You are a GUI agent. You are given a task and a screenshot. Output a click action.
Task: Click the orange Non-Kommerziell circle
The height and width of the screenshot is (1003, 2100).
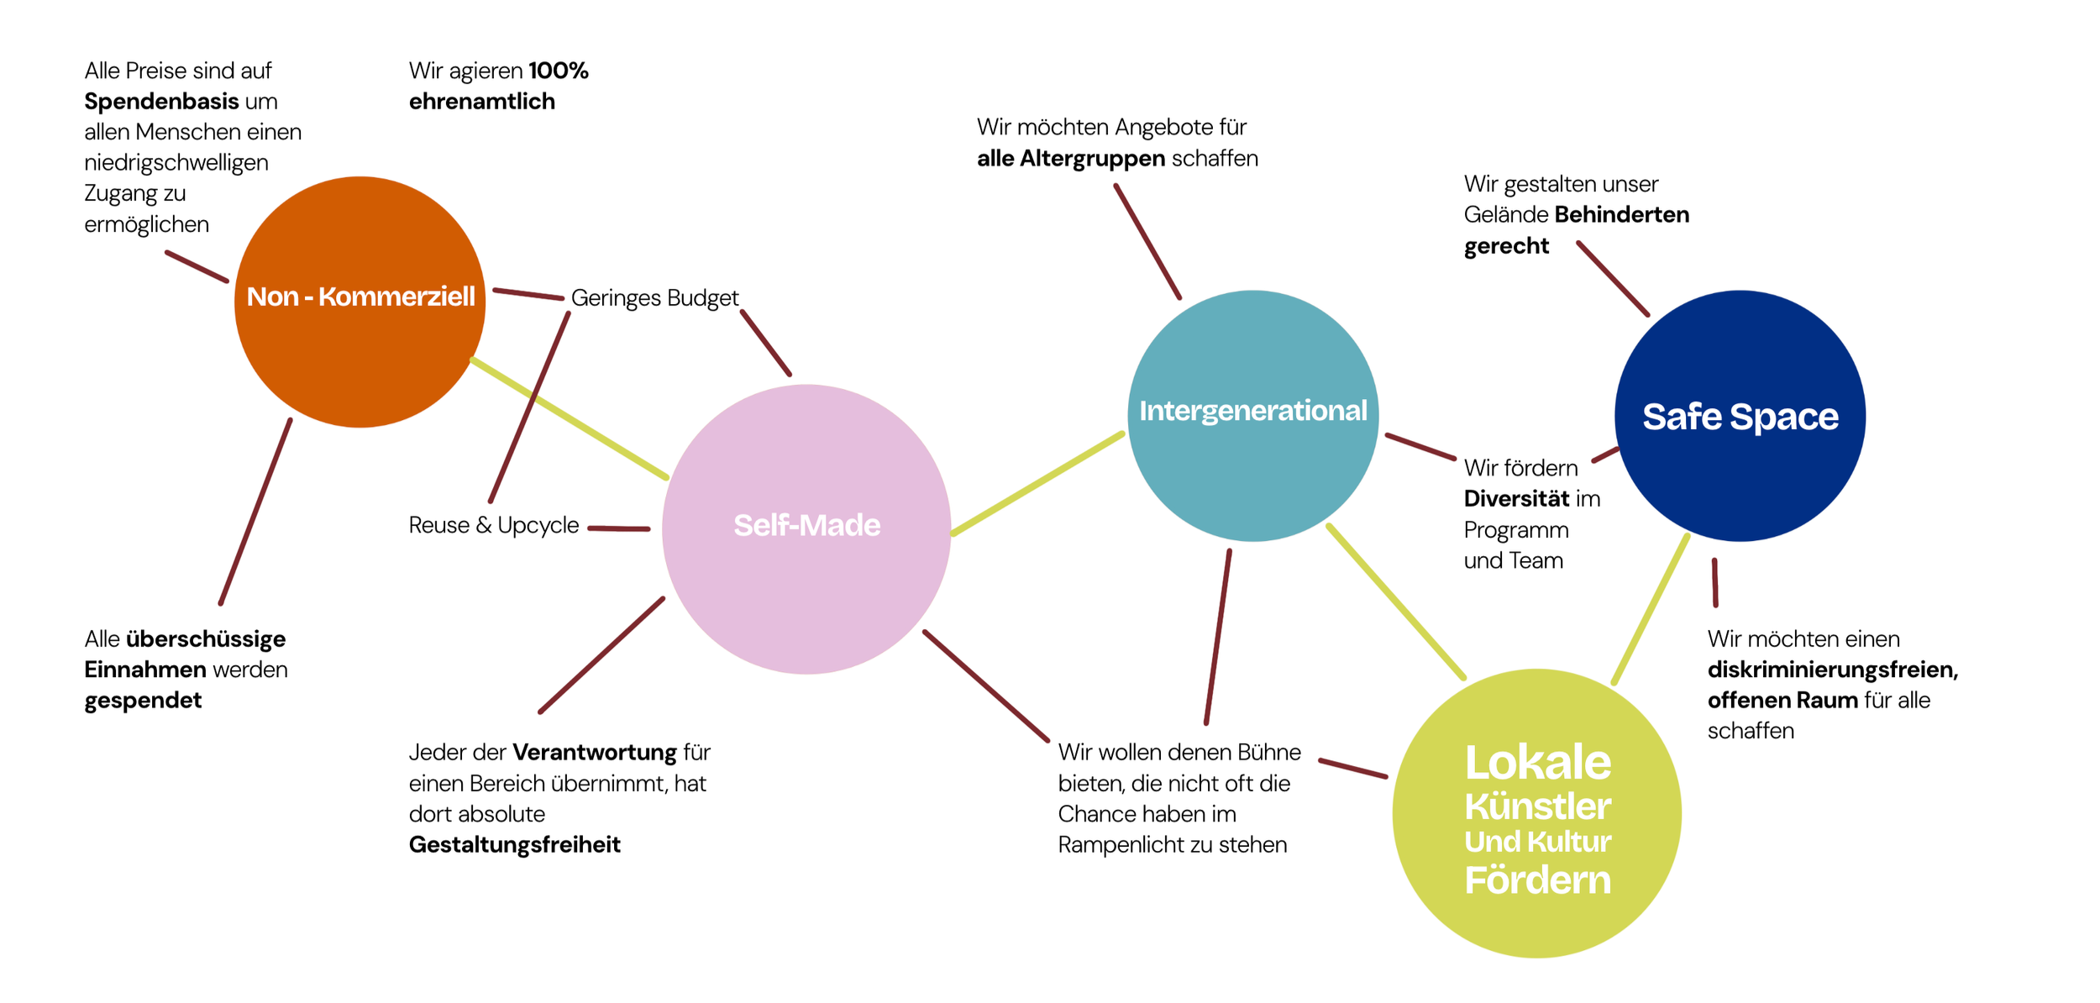point(360,353)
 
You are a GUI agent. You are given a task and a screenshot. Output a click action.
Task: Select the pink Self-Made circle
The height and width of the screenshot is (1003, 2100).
point(806,580)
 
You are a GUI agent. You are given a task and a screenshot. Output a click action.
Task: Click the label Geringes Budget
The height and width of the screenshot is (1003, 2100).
point(654,298)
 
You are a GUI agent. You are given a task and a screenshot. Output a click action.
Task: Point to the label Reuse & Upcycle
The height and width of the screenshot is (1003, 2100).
point(494,525)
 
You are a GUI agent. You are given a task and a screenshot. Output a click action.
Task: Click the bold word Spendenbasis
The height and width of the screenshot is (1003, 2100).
point(161,102)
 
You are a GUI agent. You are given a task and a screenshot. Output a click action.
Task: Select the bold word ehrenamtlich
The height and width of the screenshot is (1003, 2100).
point(481,102)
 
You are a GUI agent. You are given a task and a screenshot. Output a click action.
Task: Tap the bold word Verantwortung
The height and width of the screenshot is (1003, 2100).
point(594,752)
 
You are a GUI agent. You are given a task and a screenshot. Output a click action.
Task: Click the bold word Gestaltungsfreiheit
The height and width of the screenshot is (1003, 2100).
point(514,844)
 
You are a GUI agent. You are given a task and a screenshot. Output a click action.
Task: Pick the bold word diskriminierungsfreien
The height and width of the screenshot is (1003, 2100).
point(1831,670)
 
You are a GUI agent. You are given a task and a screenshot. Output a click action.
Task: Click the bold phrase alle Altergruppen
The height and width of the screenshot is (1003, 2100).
point(1070,158)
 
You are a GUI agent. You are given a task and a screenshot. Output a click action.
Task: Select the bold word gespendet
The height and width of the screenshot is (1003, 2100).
point(143,701)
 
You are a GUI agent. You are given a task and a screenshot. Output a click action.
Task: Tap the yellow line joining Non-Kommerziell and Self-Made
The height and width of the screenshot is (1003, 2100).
point(570,418)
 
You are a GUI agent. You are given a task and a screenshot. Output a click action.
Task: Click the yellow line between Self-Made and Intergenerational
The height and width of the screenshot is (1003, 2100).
point(1037,483)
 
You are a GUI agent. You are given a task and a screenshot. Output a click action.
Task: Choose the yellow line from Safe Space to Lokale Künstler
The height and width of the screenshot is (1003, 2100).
point(1650,610)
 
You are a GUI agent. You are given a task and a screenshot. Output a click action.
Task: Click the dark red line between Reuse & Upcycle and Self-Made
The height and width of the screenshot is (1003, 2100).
point(619,528)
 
